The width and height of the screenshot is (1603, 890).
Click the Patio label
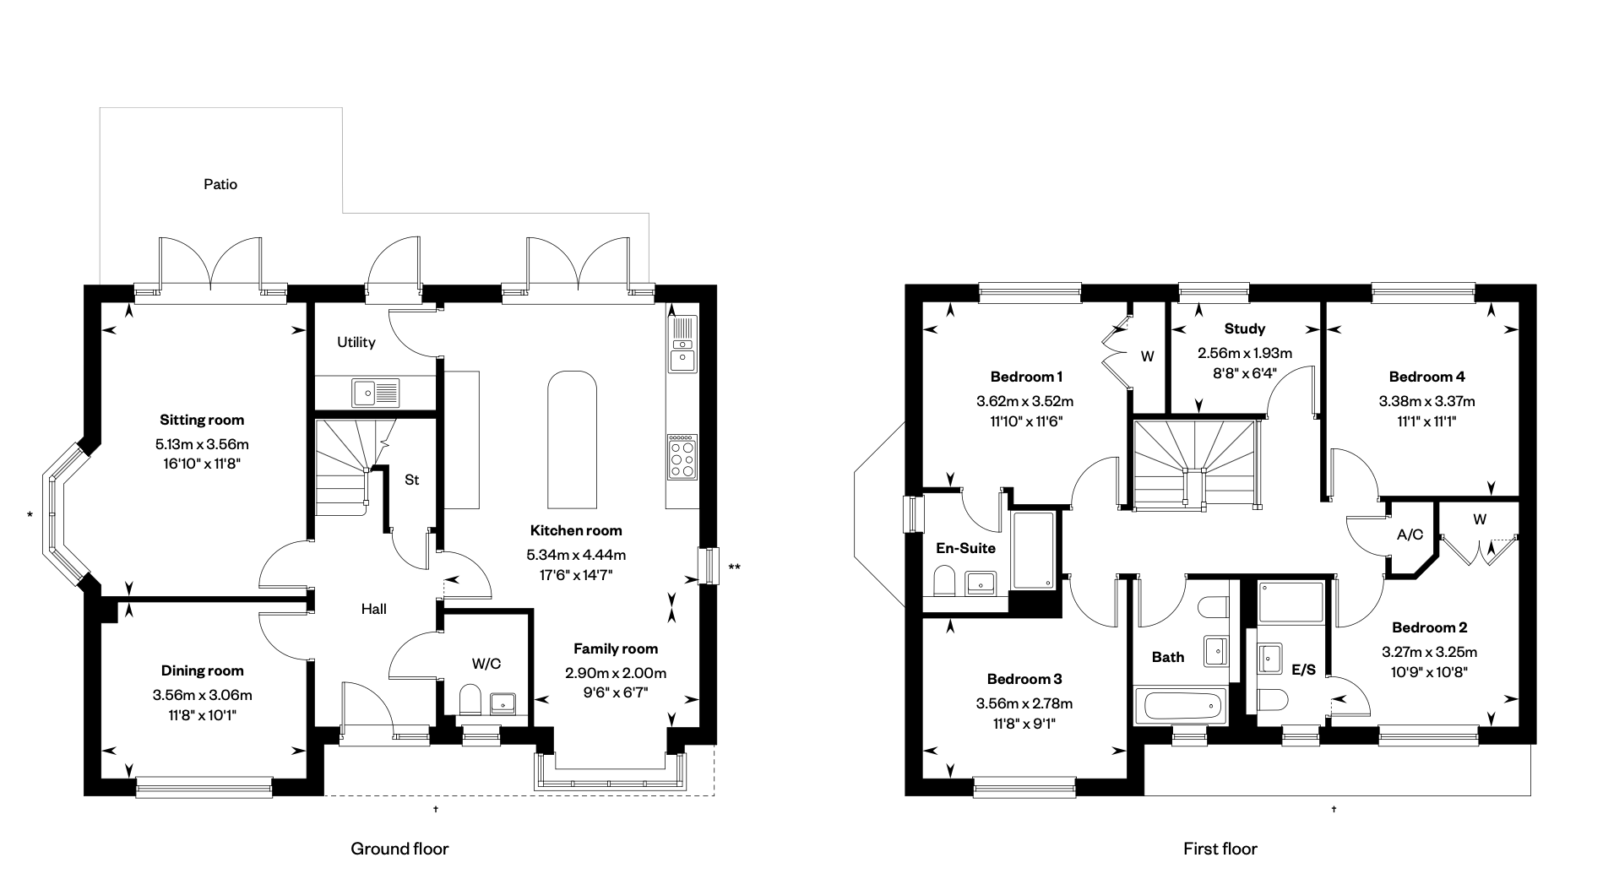point(220,184)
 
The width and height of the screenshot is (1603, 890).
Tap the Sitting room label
point(202,420)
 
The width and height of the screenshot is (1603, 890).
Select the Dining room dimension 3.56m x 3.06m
point(202,695)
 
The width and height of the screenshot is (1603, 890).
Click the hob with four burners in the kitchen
point(682,457)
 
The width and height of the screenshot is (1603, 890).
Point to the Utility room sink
point(376,393)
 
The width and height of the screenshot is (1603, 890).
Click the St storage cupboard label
point(411,480)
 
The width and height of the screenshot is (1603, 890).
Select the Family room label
point(615,649)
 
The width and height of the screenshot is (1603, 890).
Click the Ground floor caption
point(399,849)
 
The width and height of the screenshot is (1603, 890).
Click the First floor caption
point(1220,849)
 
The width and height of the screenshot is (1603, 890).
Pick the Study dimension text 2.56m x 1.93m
point(1244,353)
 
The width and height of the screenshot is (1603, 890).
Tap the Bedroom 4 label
point(1426,377)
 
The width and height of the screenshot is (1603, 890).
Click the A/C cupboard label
point(1410,535)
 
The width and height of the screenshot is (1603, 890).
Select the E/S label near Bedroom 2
point(1303,670)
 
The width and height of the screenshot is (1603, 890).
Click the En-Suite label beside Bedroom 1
point(965,548)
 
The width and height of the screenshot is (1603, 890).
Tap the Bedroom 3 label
point(1024,679)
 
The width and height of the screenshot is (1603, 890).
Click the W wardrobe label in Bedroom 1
point(1147,356)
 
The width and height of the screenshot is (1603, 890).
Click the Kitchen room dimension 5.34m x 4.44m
point(576,555)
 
